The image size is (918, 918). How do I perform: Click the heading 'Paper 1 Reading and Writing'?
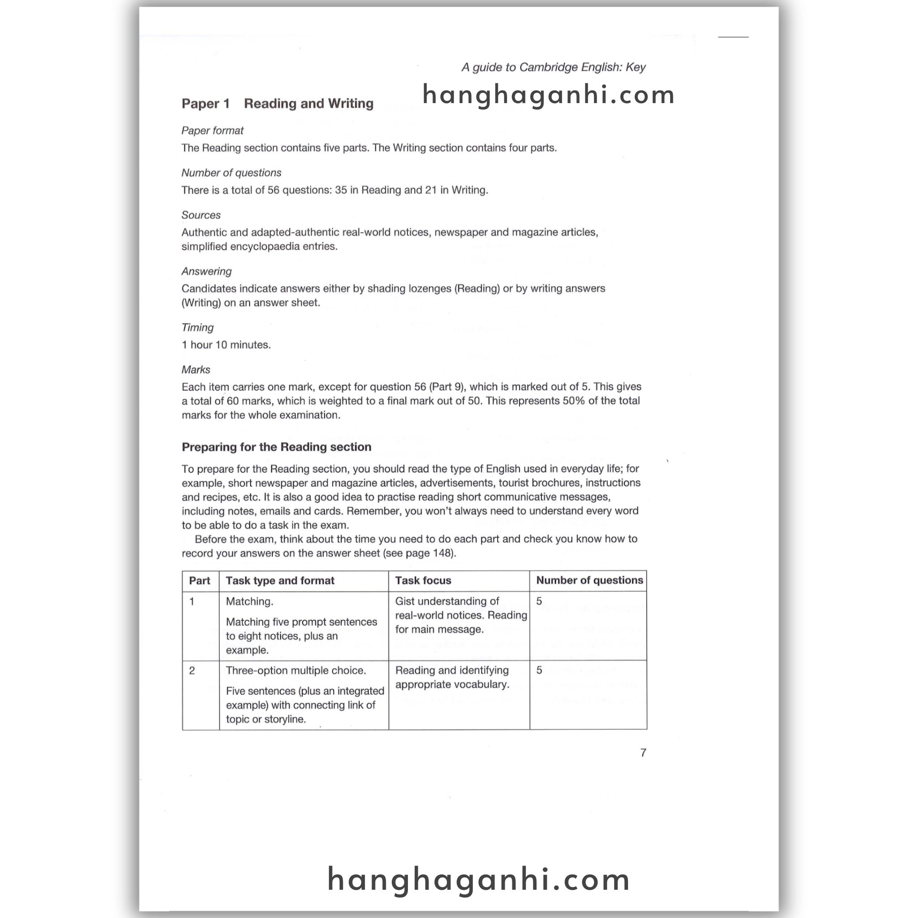(x=277, y=104)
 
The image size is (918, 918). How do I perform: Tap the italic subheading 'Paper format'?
(x=212, y=131)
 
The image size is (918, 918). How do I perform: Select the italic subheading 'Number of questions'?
(x=231, y=173)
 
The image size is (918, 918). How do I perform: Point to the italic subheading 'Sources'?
(x=201, y=215)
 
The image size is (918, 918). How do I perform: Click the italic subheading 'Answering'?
(x=207, y=271)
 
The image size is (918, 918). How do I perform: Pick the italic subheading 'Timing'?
(x=198, y=327)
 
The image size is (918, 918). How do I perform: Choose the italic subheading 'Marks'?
(x=196, y=370)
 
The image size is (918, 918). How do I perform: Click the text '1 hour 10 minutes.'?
(x=226, y=345)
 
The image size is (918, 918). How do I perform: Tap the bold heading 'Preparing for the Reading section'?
(x=277, y=447)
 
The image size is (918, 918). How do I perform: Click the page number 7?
(x=643, y=753)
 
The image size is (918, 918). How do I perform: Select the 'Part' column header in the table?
(x=199, y=580)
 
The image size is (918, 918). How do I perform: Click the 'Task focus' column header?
(x=423, y=580)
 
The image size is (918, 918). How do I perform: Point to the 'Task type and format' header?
(x=280, y=580)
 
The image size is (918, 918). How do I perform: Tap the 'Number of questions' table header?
(x=589, y=580)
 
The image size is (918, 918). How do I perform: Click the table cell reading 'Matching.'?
(x=250, y=602)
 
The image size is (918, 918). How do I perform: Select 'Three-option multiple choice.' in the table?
(x=296, y=671)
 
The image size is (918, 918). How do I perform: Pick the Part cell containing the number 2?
(x=192, y=671)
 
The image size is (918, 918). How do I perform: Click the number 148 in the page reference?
(x=442, y=553)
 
